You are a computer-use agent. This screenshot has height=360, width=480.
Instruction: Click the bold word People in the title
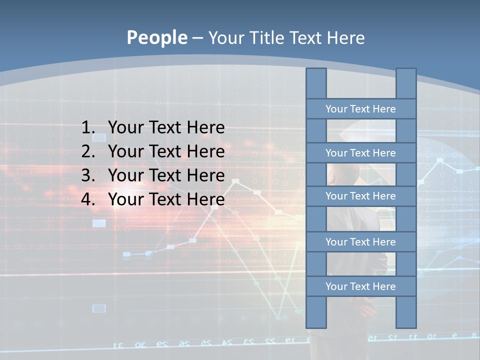point(156,37)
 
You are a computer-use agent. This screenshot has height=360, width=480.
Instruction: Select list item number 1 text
point(166,128)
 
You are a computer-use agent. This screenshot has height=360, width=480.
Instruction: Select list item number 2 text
point(166,151)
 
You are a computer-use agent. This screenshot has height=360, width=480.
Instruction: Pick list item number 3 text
point(166,175)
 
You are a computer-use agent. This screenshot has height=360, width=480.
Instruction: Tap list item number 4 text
point(166,199)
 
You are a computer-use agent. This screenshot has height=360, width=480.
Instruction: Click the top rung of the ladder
point(360,109)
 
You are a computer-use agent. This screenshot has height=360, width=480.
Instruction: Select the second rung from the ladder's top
point(360,153)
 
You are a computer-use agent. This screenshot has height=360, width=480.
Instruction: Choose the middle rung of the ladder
point(360,196)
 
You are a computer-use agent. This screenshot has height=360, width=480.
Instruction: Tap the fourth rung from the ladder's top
point(360,242)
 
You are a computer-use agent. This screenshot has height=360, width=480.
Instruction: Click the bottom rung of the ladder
point(360,286)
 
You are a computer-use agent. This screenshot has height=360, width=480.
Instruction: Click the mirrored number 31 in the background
point(119,345)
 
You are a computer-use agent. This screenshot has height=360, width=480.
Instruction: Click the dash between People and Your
point(197,38)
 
